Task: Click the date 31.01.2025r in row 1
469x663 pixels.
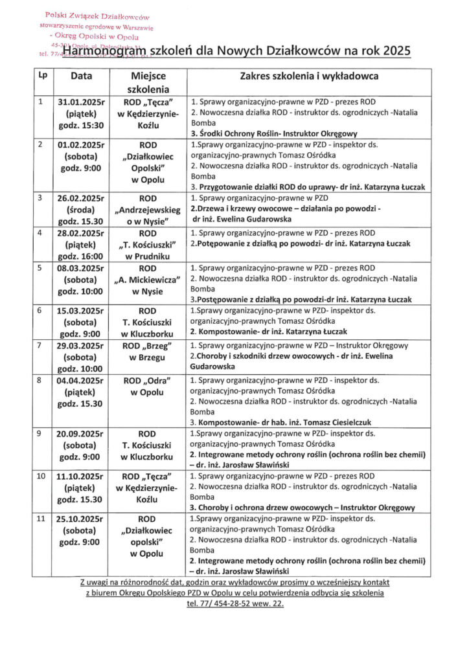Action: tap(81, 102)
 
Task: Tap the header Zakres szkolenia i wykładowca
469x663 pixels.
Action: tap(309, 76)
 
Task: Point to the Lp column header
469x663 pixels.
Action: tap(43, 75)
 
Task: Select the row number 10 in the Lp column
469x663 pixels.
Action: tap(41, 476)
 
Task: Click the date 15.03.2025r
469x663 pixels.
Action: tap(81, 310)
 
